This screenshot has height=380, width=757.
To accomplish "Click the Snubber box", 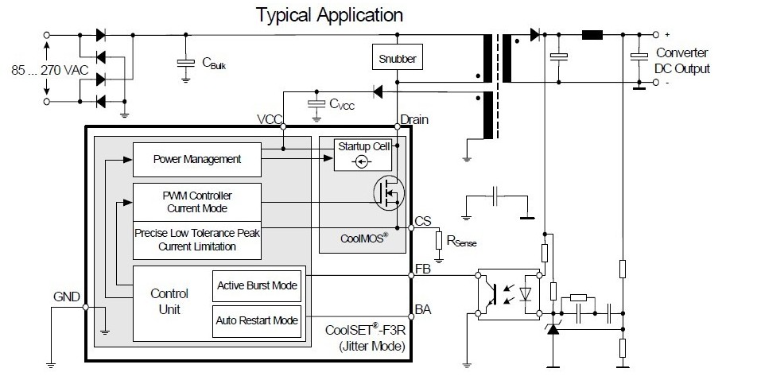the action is pyautogui.click(x=398, y=57).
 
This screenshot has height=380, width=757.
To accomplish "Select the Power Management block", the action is pyautogui.click(x=197, y=159).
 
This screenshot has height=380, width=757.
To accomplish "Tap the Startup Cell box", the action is pyautogui.click(x=363, y=154).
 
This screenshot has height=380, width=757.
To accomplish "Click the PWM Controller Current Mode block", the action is pyautogui.click(x=197, y=202).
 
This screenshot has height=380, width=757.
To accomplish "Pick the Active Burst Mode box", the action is pyautogui.click(x=257, y=286).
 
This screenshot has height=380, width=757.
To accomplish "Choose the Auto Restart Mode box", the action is pyautogui.click(x=257, y=321).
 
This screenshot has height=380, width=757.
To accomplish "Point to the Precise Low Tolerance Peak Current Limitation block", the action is pyautogui.click(x=197, y=240).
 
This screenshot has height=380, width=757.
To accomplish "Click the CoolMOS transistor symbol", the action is pyautogui.click(x=389, y=192).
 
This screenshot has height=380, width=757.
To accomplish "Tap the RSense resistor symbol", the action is pyautogui.click(x=439, y=240).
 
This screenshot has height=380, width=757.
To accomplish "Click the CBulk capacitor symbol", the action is pyautogui.click(x=185, y=64).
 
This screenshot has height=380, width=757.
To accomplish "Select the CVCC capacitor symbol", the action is pyautogui.click(x=316, y=104).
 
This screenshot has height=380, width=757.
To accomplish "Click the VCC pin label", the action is pyautogui.click(x=270, y=119).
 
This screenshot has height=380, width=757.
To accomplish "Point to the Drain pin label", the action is pyautogui.click(x=414, y=119).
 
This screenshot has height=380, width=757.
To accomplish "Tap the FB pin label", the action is pyautogui.click(x=422, y=269).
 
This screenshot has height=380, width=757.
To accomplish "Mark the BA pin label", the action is pyautogui.click(x=423, y=309).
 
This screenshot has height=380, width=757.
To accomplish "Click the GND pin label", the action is pyautogui.click(x=67, y=297).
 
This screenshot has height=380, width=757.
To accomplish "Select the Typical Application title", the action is pyautogui.click(x=329, y=15).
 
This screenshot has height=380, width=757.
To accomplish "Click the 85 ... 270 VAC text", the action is pyautogui.click(x=50, y=71).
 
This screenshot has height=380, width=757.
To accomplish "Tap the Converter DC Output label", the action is pyautogui.click(x=682, y=60).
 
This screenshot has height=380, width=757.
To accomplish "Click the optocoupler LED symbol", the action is pyautogui.click(x=526, y=294).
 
